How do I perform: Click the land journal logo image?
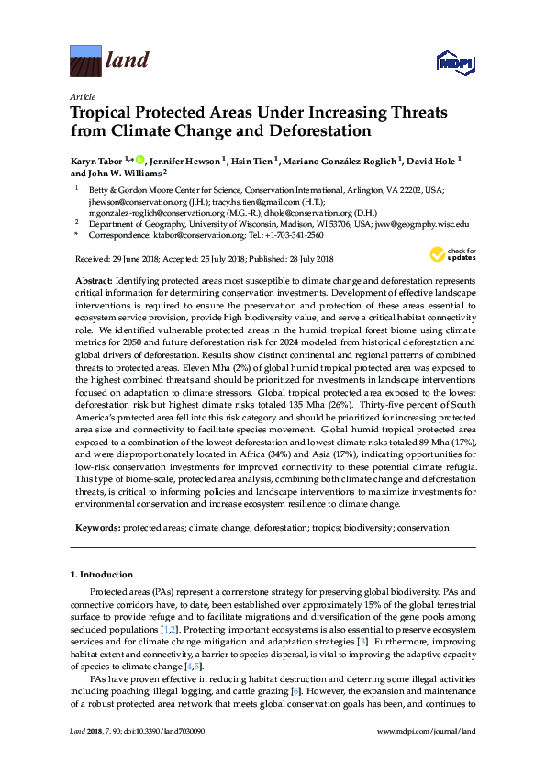click(x=85, y=62)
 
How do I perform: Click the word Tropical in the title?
click(x=104, y=114)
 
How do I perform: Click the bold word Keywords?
click(x=96, y=529)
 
